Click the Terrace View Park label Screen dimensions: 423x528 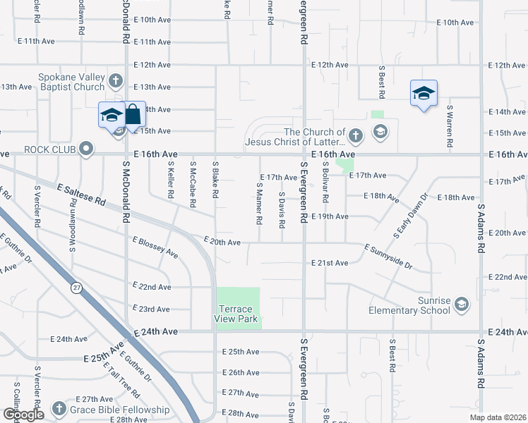click(234, 314)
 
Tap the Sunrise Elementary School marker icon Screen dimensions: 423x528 click(462, 303)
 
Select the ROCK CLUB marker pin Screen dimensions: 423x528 click(86, 149)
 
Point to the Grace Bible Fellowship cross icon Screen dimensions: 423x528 click(59, 410)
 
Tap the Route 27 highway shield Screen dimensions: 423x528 click(76, 288)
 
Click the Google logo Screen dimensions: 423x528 click(23, 415)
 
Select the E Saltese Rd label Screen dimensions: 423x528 click(82, 195)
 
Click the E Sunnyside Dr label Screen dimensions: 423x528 click(388, 256)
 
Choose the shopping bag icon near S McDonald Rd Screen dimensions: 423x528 click(133, 114)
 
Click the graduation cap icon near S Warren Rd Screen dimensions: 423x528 click(424, 92)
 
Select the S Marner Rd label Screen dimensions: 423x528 click(260, 204)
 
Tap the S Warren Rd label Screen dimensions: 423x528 click(449, 125)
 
